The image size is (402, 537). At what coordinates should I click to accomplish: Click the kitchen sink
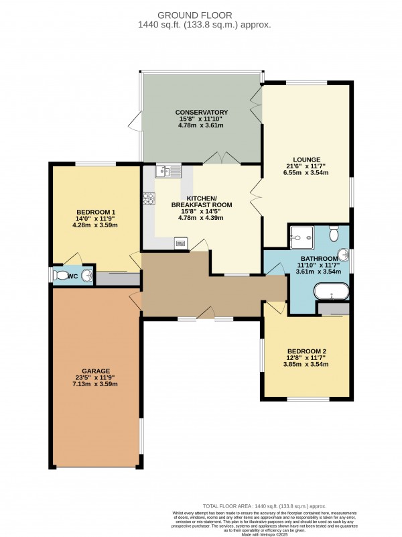[167, 171]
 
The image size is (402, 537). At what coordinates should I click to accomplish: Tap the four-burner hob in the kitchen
[148, 198]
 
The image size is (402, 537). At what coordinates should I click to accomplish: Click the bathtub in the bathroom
[332, 291]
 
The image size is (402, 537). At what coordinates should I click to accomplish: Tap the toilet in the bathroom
[335, 233]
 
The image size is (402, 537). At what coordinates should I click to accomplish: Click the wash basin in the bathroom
[344, 255]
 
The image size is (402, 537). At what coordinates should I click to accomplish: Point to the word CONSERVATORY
[202, 112]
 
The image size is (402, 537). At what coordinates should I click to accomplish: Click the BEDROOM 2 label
[306, 351]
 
